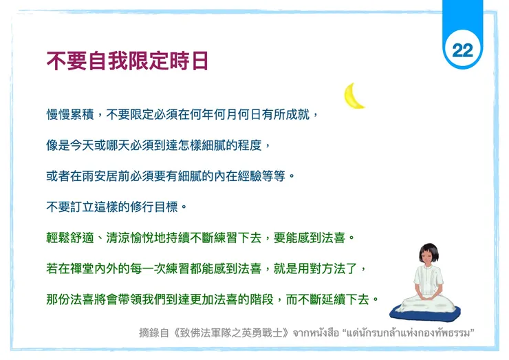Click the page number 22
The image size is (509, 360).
coord(463,50)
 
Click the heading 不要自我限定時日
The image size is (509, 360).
coord(127,61)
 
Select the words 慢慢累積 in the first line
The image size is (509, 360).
coord(70,114)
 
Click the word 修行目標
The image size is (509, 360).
coord(154,207)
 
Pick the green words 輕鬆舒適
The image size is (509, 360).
coord(70,238)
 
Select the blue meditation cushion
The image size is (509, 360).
coord(425,313)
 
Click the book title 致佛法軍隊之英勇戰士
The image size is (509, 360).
coord(231,333)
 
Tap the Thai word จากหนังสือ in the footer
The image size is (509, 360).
coord(316,333)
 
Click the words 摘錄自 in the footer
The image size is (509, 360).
coord(154,333)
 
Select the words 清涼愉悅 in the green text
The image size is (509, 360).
coord(130,238)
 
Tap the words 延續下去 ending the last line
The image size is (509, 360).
coord(345,299)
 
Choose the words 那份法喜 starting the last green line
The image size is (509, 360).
coord(70,299)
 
